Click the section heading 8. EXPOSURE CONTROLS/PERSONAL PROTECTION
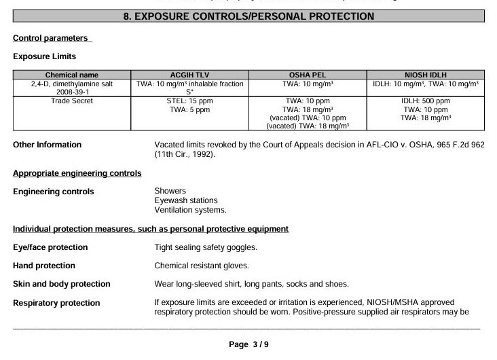coord(248,16)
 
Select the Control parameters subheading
coord(51,38)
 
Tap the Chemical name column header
coord(71,75)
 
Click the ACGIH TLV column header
coord(190,75)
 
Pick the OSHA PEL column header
coord(308,75)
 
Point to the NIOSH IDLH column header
coord(426,75)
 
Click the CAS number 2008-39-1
coord(71,92)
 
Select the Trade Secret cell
coord(71,101)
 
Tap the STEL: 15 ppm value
coord(190,101)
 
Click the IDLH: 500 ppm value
coord(426,101)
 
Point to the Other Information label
coord(47,145)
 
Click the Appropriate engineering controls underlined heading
coord(77,174)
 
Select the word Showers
coord(170,192)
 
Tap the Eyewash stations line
coord(185,200)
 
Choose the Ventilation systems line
coord(190,210)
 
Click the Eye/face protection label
coord(50,247)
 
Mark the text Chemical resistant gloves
coord(202,266)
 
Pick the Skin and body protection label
coord(62,284)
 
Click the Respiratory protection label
coord(56,303)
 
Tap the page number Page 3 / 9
coord(248,345)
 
